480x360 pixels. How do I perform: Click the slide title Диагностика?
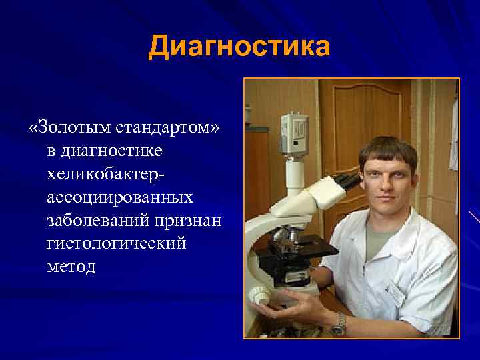coord(239,47)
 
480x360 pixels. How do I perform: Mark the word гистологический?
coord(116,243)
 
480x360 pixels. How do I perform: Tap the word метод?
coord(71,267)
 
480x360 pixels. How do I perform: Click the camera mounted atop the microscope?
coord(294,133)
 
